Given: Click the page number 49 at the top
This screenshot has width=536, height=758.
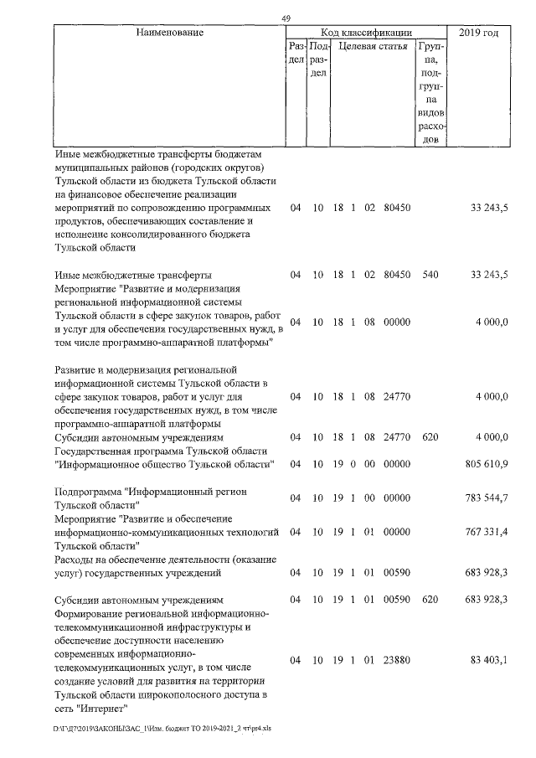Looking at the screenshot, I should tap(286, 19).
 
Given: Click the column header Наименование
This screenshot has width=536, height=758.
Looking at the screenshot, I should tap(166, 33).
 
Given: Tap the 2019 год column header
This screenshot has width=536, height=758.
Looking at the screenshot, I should tap(479, 33).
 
